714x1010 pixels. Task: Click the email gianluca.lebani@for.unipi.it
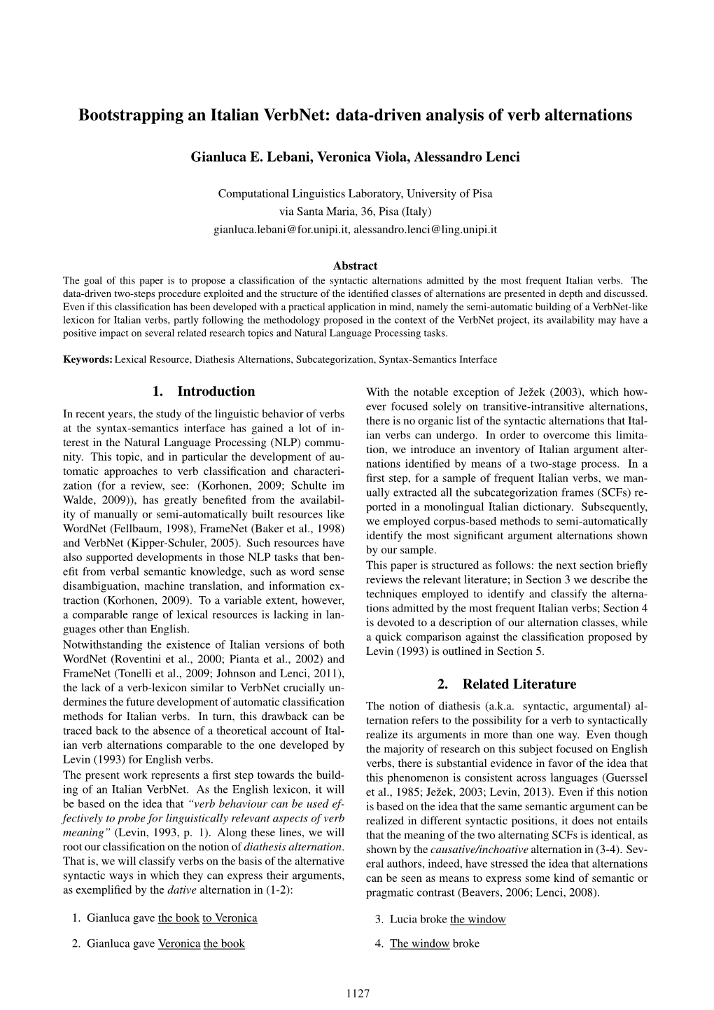coord(281,229)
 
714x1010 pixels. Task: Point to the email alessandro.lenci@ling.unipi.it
coord(425,229)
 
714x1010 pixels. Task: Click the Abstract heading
coord(355,266)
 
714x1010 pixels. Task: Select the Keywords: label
coord(87,359)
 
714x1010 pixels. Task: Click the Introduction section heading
coord(204,392)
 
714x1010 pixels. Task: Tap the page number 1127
coord(357,993)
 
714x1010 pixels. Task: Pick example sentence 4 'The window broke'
coord(434,943)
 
